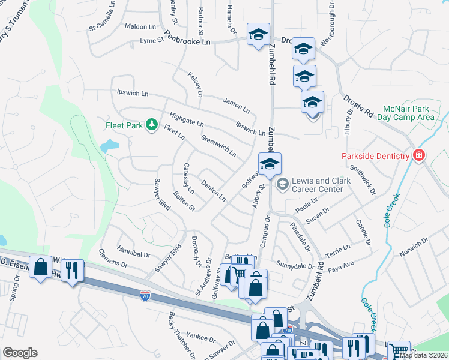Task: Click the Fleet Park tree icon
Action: pyautogui.click(x=152, y=125)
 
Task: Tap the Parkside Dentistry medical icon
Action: pyautogui.click(x=419, y=156)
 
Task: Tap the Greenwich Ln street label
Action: pyautogui.click(x=218, y=144)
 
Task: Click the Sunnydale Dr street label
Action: pyautogui.click(x=296, y=265)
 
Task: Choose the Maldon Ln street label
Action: pyautogui.click(x=140, y=26)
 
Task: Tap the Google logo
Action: pyautogui.click(x=20, y=352)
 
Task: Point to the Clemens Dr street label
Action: pyautogui.click(x=113, y=259)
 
